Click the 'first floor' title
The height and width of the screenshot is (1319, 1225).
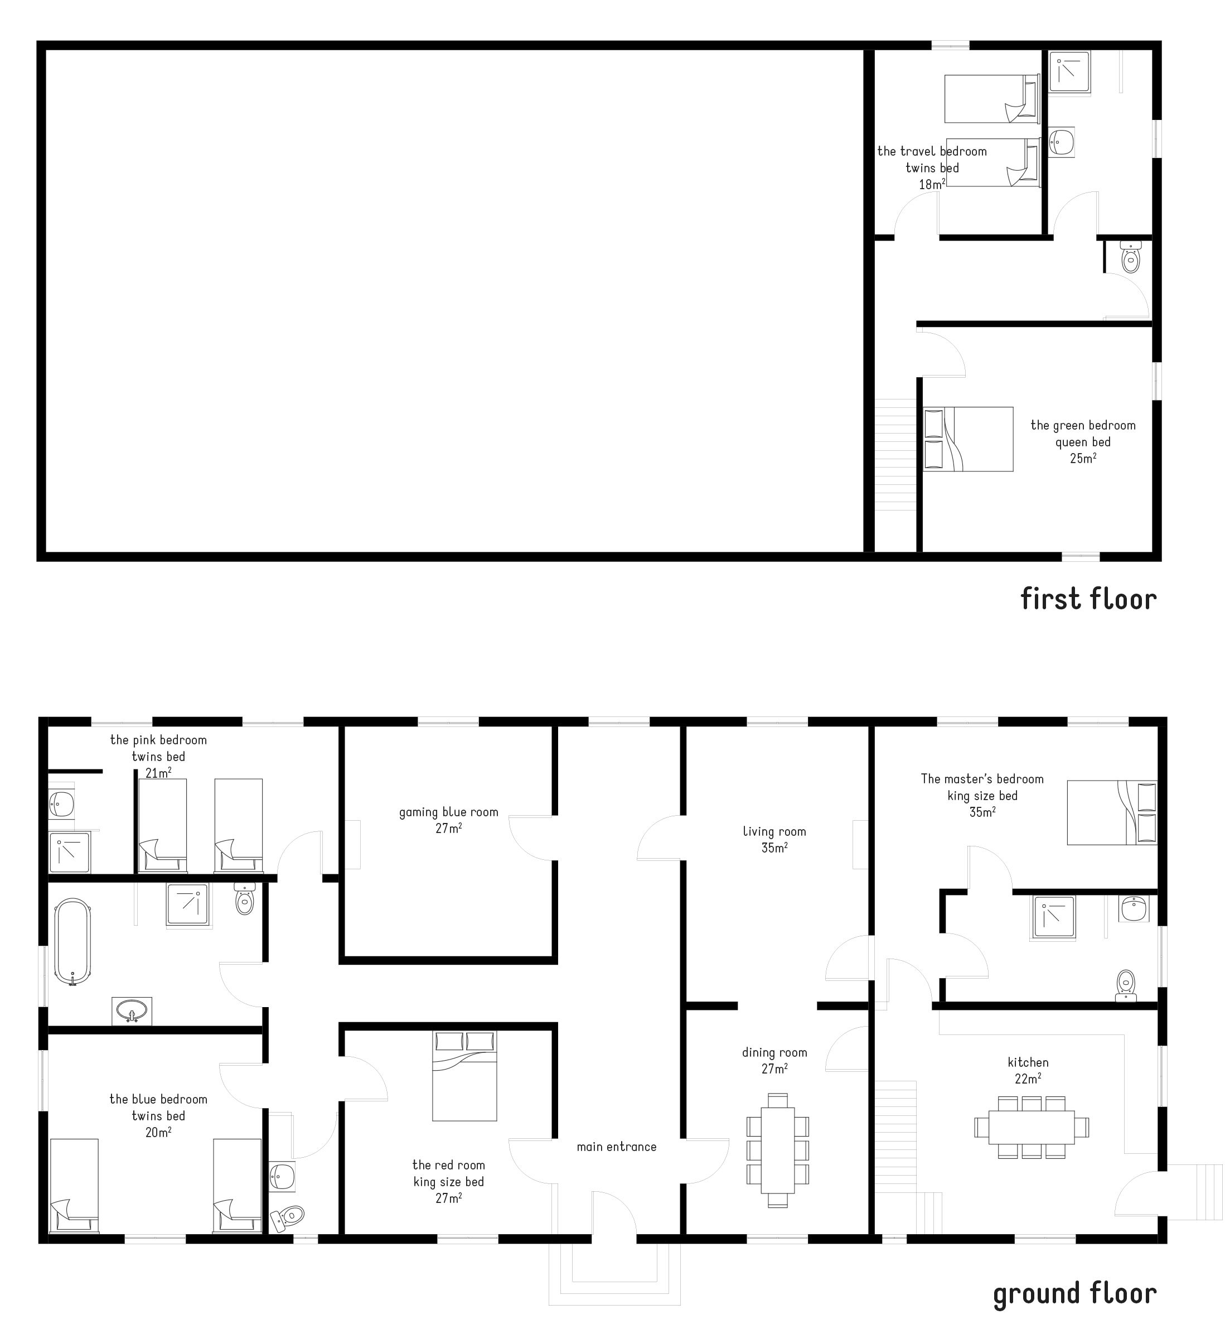click(x=1088, y=599)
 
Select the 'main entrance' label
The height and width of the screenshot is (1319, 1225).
click(x=617, y=1147)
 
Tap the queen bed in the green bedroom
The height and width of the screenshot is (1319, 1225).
click(x=969, y=439)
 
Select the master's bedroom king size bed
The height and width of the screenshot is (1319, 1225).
click(x=1112, y=812)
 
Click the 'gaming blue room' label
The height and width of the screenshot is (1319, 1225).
click(x=449, y=812)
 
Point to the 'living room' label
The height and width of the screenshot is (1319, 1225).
click(x=774, y=831)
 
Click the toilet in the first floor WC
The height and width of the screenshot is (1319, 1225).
click(x=1130, y=258)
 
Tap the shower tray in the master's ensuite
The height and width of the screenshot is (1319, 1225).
click(x=1053, y=918)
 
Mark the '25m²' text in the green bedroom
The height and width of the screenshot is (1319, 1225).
click(x=1083, y=458)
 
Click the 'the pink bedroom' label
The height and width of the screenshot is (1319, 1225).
click(x=158, y=740)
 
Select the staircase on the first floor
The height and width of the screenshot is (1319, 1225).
click(x=895, y=454)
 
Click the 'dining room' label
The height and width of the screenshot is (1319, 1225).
click(x=774, y=1052)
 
